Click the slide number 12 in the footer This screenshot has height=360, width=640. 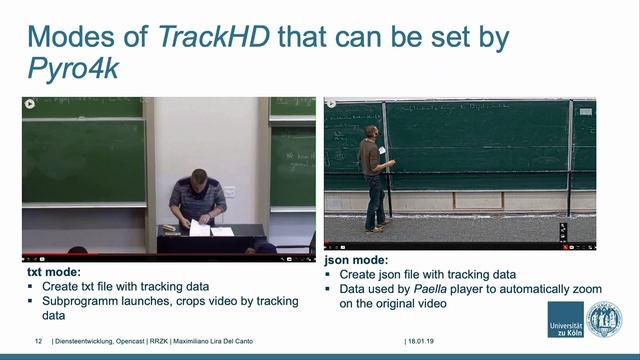(38, 341)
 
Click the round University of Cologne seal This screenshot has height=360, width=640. (603, 319)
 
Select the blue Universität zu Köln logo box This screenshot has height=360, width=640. (565, 319)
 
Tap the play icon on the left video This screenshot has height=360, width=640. (30, 103)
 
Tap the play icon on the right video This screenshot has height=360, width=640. (332, 102)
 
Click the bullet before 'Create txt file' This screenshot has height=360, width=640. (33, 286)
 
